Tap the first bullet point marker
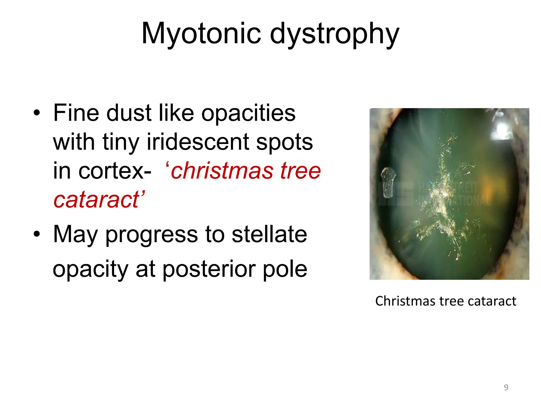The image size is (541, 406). (37, 113)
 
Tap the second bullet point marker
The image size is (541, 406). (37, 234)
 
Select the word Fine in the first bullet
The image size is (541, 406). (76, 113)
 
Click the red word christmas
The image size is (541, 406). (222, 171)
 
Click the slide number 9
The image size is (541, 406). (506, 387)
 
